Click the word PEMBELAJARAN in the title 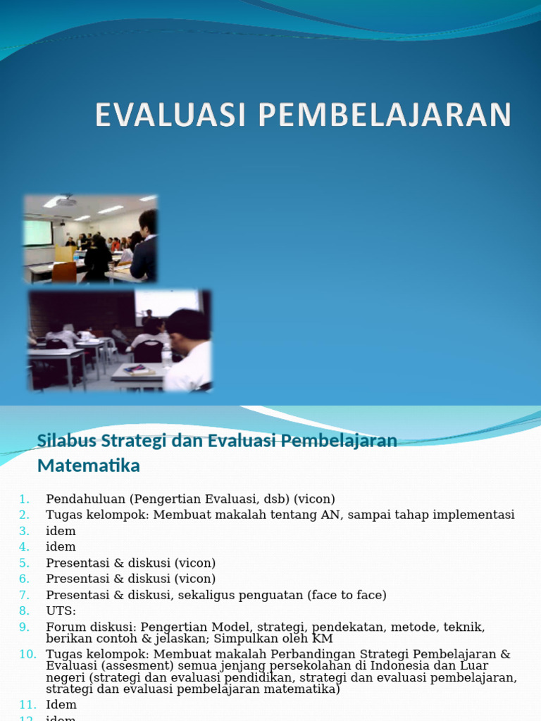pos(384,115)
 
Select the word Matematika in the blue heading pos(88,465)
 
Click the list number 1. pos(25,499)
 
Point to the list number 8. pos(25,610)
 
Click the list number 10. pos(27,654)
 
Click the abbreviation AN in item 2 pos(329,515)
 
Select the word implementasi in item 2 pos(473,515)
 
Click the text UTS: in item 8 pos(61,610)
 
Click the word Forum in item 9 pos(63,627)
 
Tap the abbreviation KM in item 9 pos(323,638)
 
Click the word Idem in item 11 pos(61,704)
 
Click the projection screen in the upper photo pos(38,232)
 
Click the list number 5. pos(25,563)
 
